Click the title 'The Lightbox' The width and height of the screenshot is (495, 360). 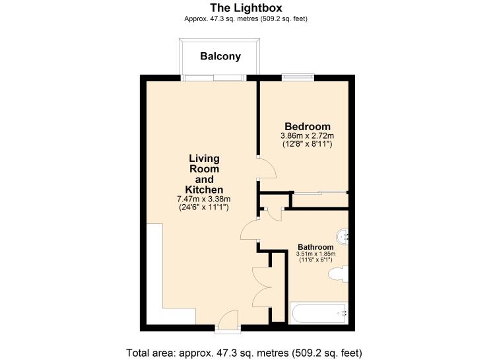247,7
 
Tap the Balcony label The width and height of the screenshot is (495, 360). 220,57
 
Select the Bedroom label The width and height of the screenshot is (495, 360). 307,126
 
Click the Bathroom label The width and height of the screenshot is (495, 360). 316,246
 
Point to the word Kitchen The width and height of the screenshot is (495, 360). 204,190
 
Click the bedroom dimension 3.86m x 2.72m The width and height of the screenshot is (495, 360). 307,135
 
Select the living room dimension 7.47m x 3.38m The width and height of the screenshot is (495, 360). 204,199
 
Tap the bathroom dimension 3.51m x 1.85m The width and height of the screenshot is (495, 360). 316,253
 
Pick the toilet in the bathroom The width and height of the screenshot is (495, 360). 339,275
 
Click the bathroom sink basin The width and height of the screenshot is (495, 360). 343,236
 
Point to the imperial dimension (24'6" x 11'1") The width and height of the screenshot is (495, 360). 204,207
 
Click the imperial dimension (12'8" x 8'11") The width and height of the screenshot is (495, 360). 307,144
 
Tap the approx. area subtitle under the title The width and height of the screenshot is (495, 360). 247,18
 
